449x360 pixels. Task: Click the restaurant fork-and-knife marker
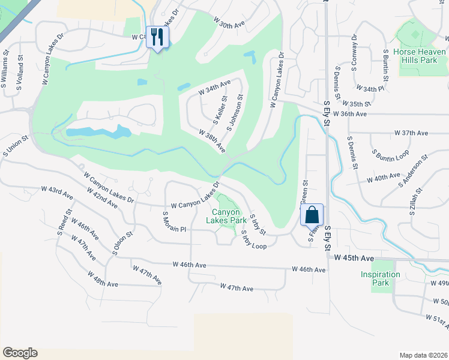158,37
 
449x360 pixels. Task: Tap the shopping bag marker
312,214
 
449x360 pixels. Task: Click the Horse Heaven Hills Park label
420,56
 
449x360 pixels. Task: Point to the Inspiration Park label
380,278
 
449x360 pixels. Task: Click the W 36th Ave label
350,113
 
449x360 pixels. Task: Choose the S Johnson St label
234,113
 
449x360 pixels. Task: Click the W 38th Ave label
211,139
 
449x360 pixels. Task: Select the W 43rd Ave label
57,193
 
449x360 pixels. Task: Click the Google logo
20,353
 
